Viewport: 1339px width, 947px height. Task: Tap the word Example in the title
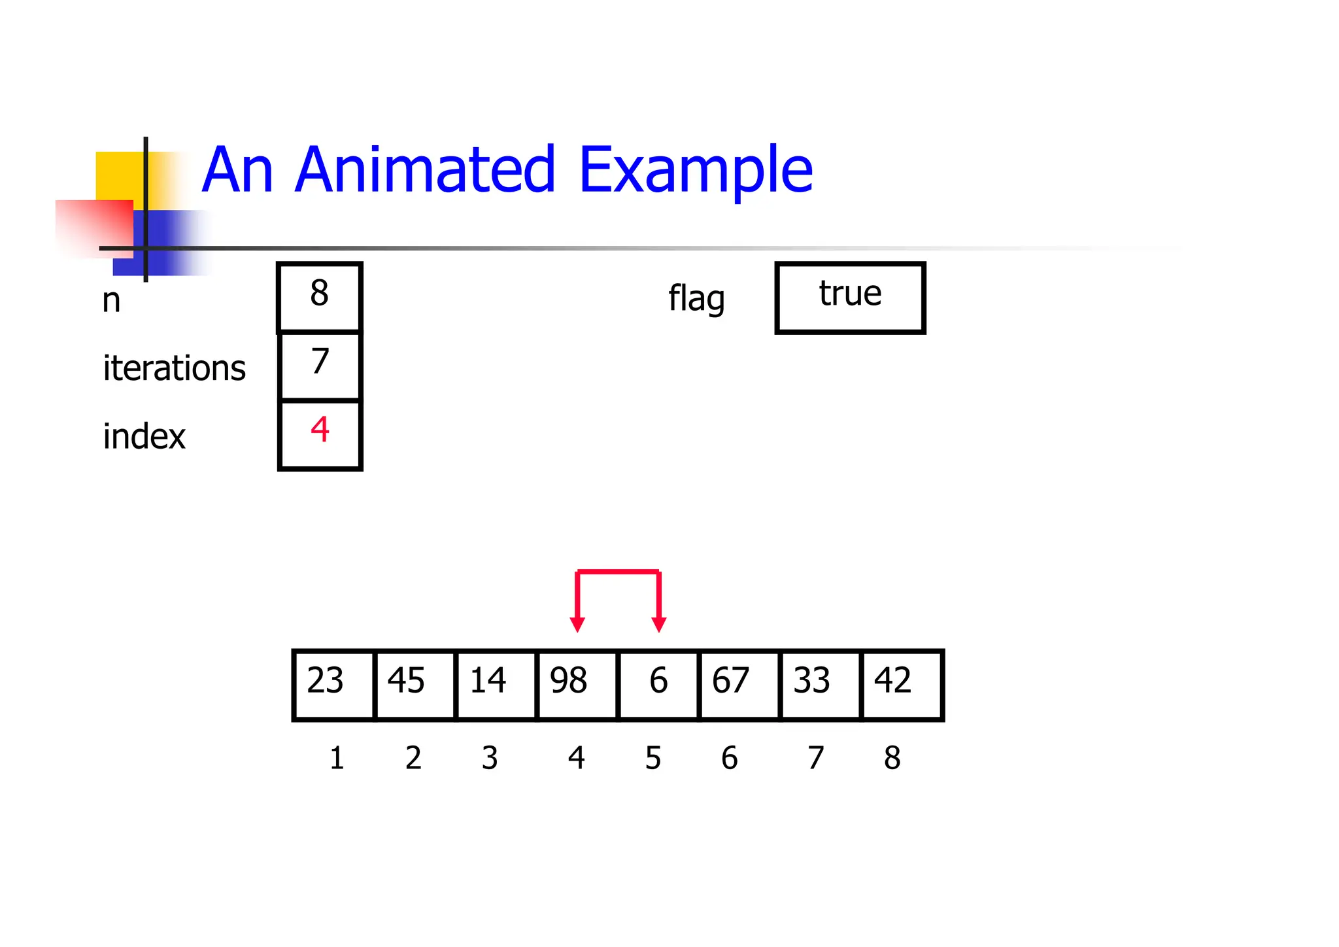pos(696,171)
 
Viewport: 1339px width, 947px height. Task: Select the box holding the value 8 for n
pos(320,297)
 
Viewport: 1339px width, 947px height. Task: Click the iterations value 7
pos(320,362)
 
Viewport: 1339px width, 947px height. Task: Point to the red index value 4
pos(320,430)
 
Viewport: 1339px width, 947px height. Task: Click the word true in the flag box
pos(850,294)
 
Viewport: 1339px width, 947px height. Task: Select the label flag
pos(696,299)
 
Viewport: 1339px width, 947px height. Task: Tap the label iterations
pos(174,368)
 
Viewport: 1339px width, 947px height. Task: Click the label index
pos(144,436)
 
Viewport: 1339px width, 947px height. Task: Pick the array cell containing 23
pos(333,684)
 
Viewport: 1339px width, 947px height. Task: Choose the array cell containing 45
pos(415,684)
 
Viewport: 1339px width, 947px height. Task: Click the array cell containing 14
pos(496,684)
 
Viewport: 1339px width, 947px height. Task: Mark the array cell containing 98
pos(577,684)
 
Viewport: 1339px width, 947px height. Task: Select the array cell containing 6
pos(658,684)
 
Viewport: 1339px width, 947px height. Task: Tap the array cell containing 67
pos(739,684)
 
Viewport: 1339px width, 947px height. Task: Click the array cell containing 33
pos(821,684)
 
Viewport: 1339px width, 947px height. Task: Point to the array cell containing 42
pos(902,684)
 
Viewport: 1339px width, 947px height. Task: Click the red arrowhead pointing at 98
pos(577,624)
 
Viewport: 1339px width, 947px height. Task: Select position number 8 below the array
pos(892,758)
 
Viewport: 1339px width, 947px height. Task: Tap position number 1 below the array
pos(337,758)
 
